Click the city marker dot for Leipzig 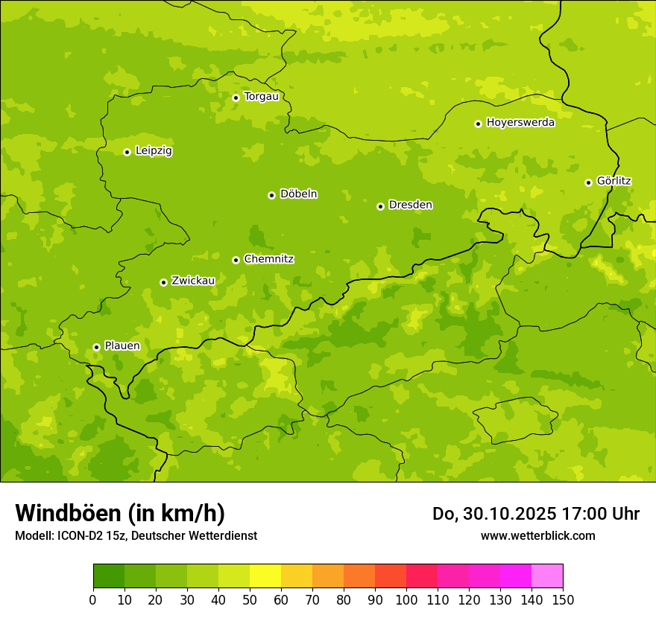[127, 152]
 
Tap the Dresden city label [410, 205]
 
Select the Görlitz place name [614, 181]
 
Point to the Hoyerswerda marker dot [478, 124]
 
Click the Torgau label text [261, 97]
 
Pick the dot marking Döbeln [271, 195]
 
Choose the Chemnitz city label [268, 259]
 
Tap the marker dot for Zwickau [163, 282]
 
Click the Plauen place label [122, 346]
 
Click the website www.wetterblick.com [537, 535]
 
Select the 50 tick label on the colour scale [250, 599]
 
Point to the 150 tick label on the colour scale [563, 599]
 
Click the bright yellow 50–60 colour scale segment [265, 576]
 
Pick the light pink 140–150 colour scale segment [547, 576]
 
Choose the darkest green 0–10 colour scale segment [109, 576]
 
